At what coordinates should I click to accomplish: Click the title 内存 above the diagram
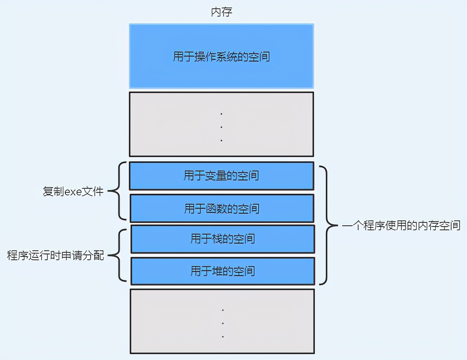point(221,12)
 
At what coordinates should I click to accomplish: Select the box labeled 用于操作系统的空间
point(221,56)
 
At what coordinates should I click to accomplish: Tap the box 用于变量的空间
point(221,176)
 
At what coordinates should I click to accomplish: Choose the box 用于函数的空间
point(221,208)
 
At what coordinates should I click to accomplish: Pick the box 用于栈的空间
point(222,239)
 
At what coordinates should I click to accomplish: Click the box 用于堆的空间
point(222,271)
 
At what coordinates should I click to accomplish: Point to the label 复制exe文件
point(73,192)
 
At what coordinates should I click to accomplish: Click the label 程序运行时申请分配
point(55,256)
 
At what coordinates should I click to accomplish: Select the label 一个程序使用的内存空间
point(401,226)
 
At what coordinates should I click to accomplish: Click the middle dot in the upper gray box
point(221,127)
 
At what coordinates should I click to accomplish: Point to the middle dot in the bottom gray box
point(223,323)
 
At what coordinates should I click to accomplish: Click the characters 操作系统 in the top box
point(221,56)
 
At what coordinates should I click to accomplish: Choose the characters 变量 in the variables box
point(216,176)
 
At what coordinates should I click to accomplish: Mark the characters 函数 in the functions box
point(216,208)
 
